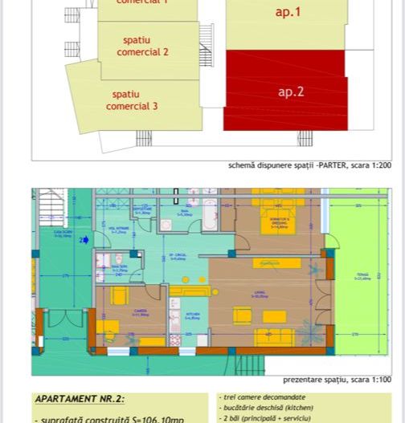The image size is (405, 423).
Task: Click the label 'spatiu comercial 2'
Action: coord(143,46)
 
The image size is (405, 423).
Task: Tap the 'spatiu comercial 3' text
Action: coord(132,100)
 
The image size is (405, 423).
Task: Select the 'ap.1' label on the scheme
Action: coord(287,11)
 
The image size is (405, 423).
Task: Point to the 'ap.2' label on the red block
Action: coord(290,92)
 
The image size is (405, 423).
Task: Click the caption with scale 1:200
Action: coord(310,165)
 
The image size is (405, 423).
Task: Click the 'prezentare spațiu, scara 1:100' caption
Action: coord(337,380)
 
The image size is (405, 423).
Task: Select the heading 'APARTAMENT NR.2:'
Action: coord(80,399)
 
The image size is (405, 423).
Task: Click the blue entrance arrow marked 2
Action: coord(84,240)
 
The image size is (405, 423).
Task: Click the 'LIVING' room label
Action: coord(260,296)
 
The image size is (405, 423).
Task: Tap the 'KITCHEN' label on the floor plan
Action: coord(193,316)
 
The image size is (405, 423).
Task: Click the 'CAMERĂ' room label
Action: coord(140,312)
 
